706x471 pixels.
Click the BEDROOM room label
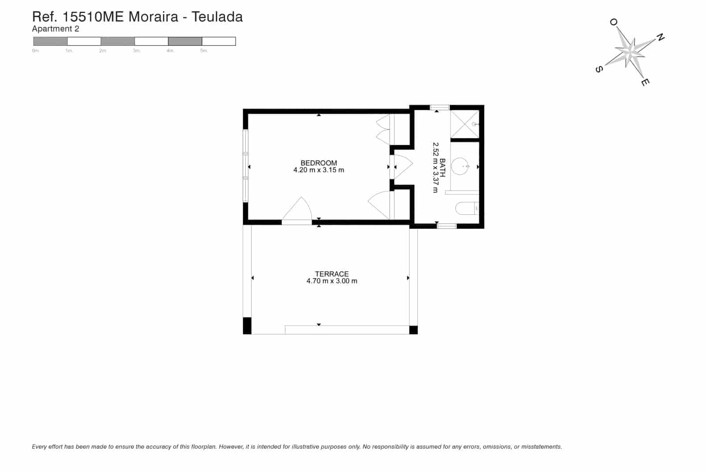319,163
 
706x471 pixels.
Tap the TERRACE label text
331,274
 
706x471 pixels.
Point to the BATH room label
442,168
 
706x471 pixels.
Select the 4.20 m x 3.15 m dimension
319,170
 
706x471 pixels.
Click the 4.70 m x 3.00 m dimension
331,281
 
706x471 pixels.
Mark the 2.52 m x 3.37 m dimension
435,168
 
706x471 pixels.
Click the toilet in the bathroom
467,208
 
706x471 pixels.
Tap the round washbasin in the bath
460,166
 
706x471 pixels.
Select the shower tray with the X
465,124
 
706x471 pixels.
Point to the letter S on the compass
599,69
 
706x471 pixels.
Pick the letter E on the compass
645,82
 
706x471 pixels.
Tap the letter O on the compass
613,22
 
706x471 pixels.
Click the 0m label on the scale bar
35,51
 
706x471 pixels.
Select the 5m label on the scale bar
204,51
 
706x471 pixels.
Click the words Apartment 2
56,29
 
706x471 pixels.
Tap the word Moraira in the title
153,17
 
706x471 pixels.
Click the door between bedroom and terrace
297,210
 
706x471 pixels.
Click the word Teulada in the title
217,17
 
